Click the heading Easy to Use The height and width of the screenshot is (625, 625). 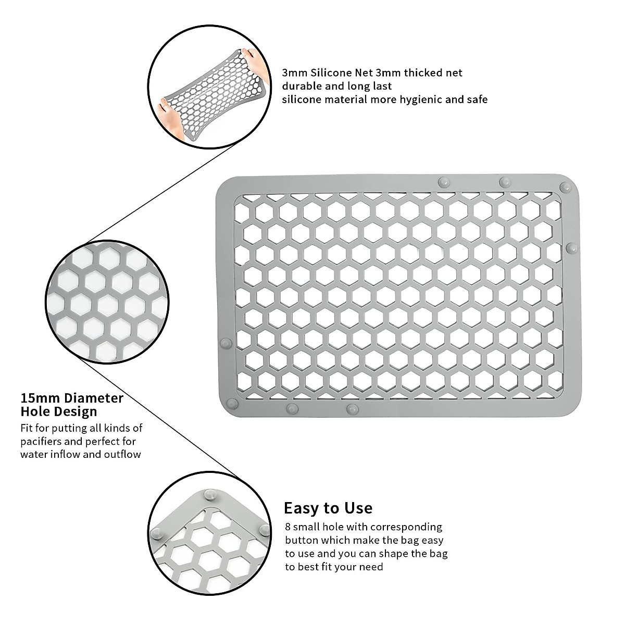pos(328,508)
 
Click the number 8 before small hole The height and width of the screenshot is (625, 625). pos(288,527)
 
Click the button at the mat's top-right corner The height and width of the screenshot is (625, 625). pos(564,187)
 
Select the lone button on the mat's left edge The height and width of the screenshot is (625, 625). pos(226,343)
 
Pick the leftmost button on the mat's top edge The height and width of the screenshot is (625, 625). pos(443,182)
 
